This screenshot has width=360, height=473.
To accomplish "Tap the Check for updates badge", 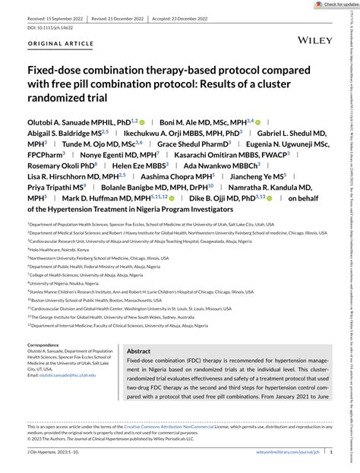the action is click(331, 5).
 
